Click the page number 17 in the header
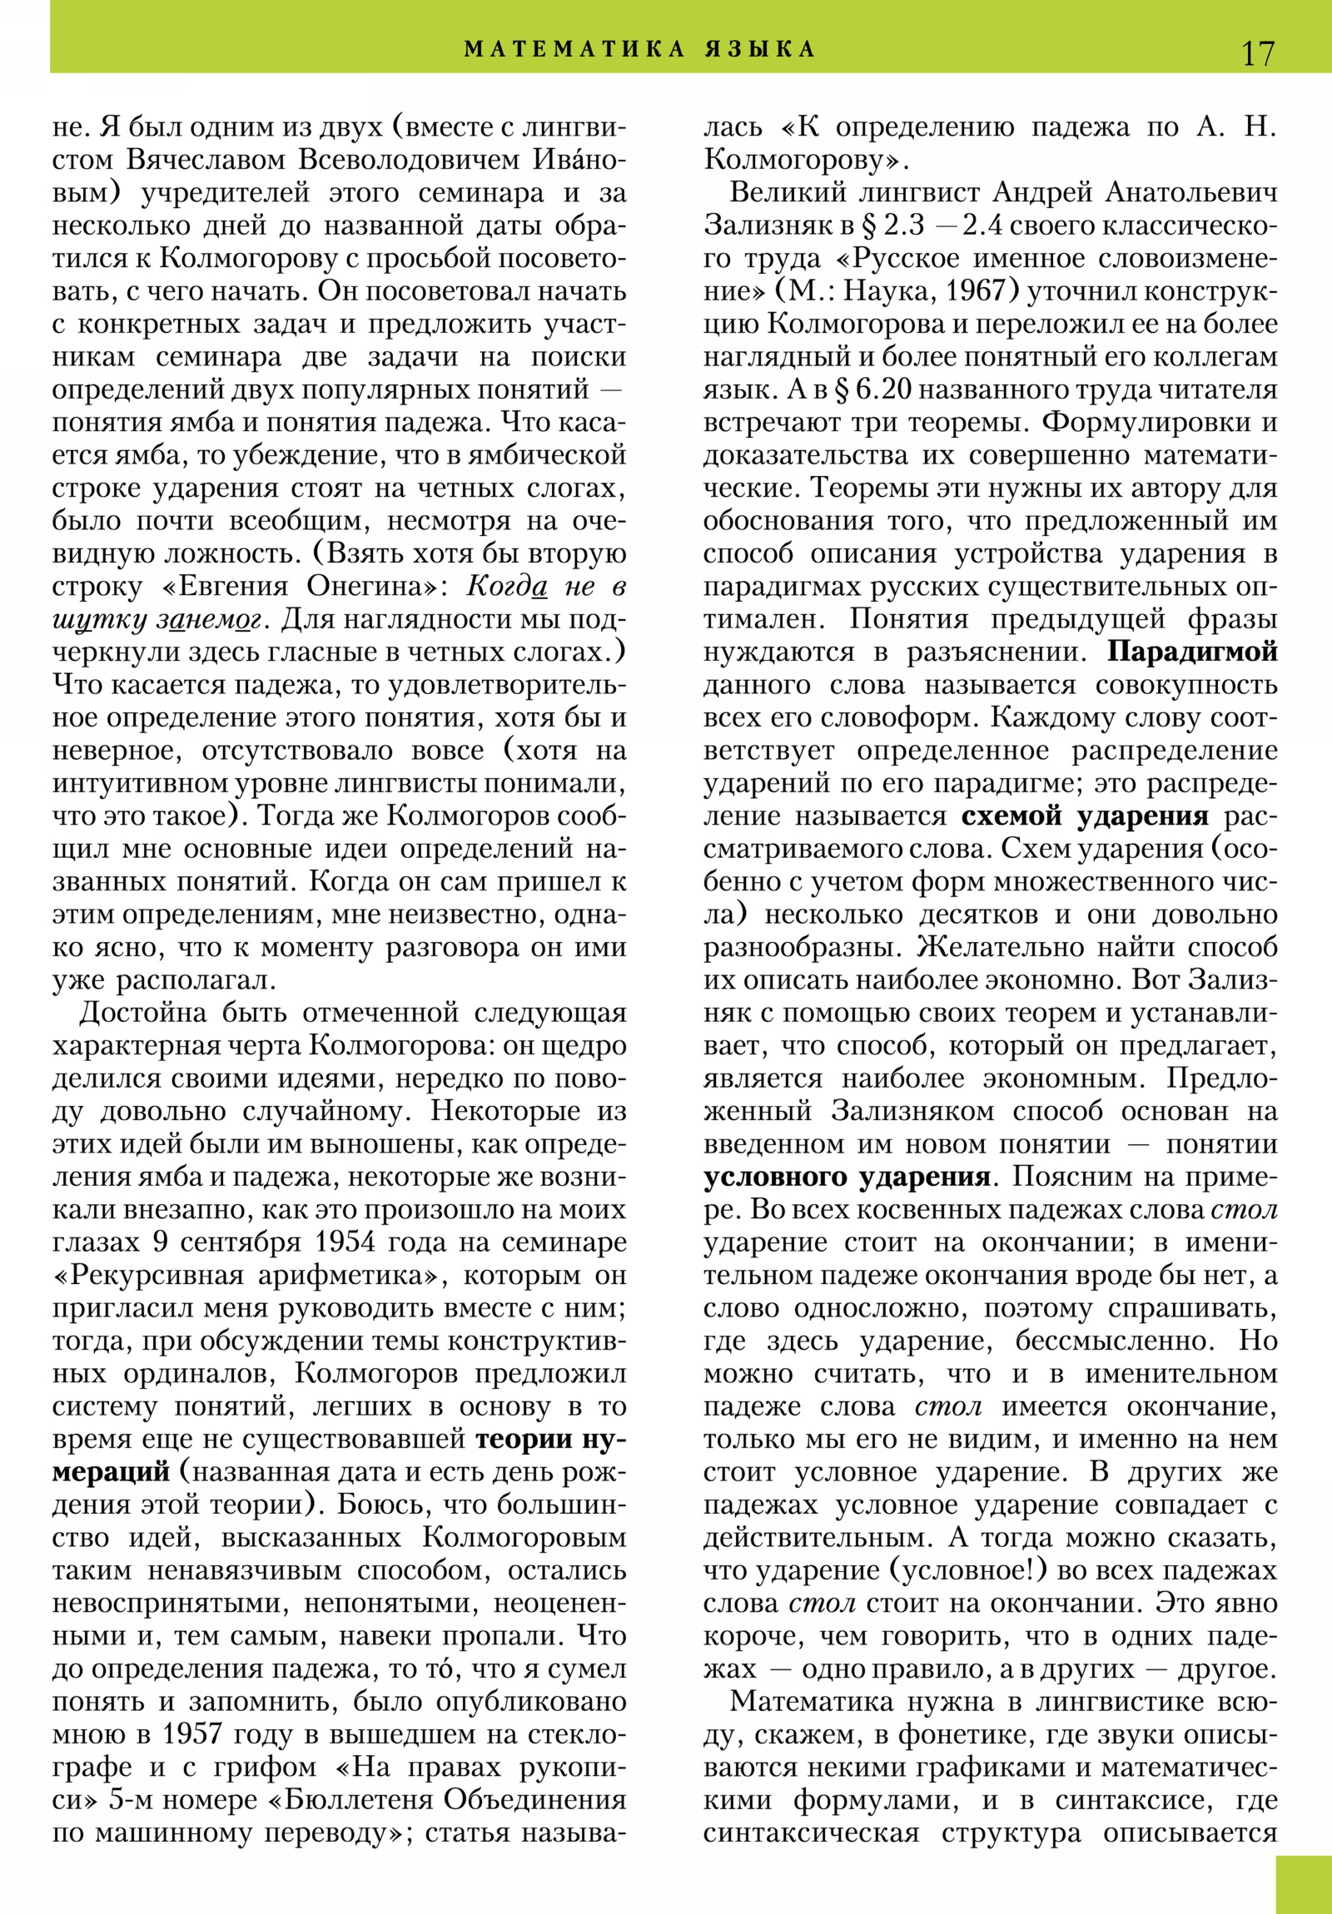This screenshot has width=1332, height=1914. [x=1258, y=52]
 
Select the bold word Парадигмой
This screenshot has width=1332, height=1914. [x=1192, y=652]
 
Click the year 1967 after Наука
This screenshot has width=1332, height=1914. [x=970, y=292]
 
